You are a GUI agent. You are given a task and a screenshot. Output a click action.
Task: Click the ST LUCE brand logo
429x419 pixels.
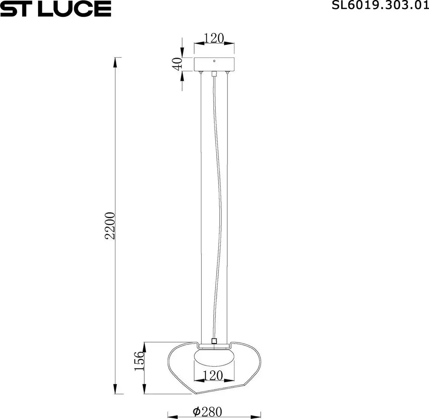coord(56,8)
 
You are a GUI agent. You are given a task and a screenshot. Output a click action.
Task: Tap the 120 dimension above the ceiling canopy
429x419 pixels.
coord(214,38)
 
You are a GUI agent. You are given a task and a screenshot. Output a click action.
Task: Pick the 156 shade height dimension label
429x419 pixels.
coord(139,361)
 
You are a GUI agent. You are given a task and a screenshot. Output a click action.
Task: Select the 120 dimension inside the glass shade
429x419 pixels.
coord(213,376)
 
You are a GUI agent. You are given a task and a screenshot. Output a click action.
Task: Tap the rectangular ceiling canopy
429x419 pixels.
coord(214,64)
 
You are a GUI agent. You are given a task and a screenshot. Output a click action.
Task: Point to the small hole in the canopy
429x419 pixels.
coord(214,61)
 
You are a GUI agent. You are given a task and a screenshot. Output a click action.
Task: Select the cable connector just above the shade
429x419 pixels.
coord(214,341)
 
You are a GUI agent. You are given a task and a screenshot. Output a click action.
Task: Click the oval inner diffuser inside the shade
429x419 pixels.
coord(214,358)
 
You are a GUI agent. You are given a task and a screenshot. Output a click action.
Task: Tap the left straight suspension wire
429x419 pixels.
coord(201,206)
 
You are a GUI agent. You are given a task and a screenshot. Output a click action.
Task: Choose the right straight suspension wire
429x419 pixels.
coord(228,206)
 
